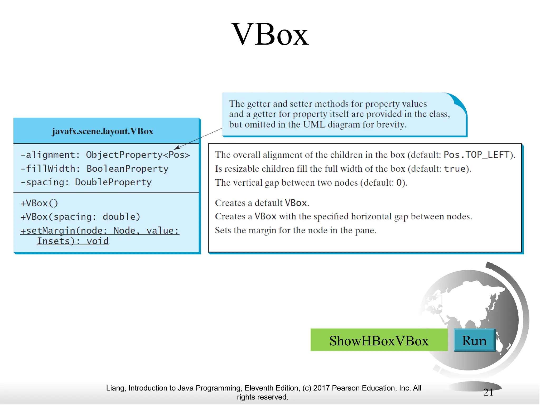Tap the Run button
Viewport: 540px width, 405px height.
coord(474,340)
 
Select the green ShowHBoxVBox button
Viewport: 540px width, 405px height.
coord(379,340)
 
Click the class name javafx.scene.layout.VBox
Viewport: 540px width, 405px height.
coord(102,131)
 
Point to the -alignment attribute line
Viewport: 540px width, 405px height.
coord(105,155)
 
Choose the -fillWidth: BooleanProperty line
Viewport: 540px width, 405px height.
coord(94,169)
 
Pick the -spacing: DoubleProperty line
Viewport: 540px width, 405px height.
coord(86,182)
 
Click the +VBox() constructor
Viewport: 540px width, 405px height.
coord(39,203)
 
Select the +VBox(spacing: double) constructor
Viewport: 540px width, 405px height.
coord(80,217)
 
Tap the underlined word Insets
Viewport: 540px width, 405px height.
coord(53,241)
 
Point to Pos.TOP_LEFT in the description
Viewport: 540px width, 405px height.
coord(476,155)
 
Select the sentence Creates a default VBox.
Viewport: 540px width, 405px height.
coord(262,203)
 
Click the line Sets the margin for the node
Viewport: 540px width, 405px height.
coord(296,230)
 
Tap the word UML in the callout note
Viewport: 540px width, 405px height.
coord(314,124)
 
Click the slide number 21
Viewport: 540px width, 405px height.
coord(488,392)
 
